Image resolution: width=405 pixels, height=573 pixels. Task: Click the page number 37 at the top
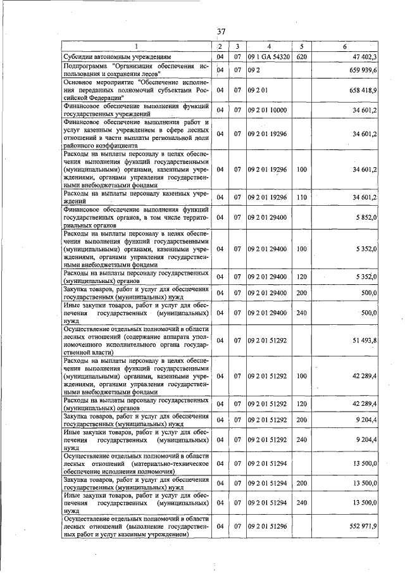click(221, 31)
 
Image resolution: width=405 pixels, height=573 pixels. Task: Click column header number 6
click(344, 47)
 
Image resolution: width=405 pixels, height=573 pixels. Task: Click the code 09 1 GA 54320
click(269, 57)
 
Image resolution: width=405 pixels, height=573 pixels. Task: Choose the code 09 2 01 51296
click(268, 526)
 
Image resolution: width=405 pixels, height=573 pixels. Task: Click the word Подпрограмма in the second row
click(86, 65)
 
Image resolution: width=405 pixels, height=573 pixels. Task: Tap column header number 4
click(268, 47)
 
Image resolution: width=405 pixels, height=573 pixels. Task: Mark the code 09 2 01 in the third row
click(258, 90)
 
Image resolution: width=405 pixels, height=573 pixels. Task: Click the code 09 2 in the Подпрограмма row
click(254, 70)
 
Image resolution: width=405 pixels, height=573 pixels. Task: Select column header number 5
click(301, 47)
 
